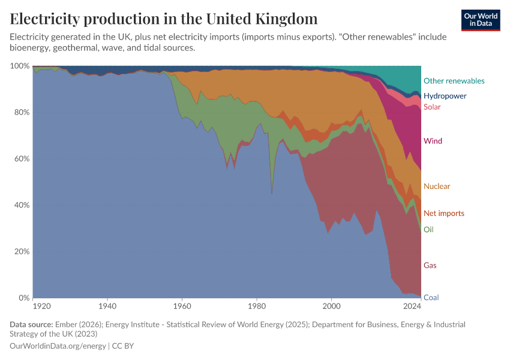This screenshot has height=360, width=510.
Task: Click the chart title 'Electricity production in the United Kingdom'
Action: (x=164, y=19)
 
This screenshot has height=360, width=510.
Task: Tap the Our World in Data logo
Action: (x=480, y=20)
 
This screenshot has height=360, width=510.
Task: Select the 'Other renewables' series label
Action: (x=454, y=81)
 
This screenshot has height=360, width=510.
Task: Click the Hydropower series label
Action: (x=445, y=96)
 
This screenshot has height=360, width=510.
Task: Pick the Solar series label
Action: (x=432, y=107)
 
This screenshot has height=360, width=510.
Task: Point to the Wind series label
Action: (x=433, y=142)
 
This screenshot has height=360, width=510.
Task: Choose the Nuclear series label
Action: (x=436, y=187)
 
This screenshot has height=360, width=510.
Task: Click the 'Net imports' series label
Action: (x=443, y=214)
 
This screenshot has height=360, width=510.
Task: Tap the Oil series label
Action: (x=428, y=230)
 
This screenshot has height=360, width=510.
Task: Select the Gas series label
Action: (x=430, y=265)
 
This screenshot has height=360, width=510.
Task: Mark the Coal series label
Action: (x=430, y=298)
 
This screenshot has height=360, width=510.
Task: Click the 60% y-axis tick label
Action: (x=22, y=159)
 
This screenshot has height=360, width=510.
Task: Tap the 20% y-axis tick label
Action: (x=22, y=251)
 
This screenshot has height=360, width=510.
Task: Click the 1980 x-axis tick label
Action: (x=257, y=307)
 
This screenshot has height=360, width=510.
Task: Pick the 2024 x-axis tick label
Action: (x=412, y=307)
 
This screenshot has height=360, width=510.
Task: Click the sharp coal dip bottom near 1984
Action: (x=272, y=194)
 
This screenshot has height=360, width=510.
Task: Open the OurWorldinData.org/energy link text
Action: (x=58, y=346)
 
